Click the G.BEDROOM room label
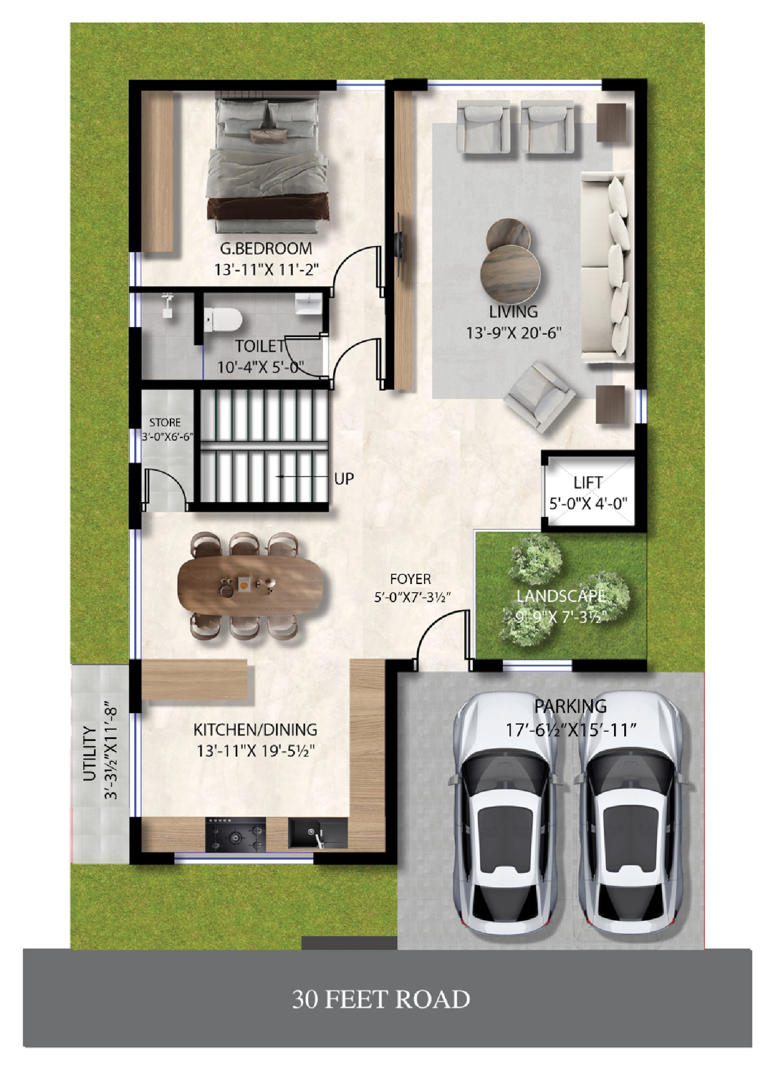click(266, 249)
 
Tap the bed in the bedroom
click(267, 163)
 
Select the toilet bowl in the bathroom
click(222, 319)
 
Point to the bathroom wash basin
click(309, 304)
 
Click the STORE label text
click(165, 423)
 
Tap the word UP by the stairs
click(344, 479)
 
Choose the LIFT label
click(588, 482)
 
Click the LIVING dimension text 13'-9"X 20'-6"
click(513, 333)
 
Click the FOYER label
click(410, 579)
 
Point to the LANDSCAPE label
click(561, 596)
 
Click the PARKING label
click(571, 707)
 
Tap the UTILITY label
click(90, 754)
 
